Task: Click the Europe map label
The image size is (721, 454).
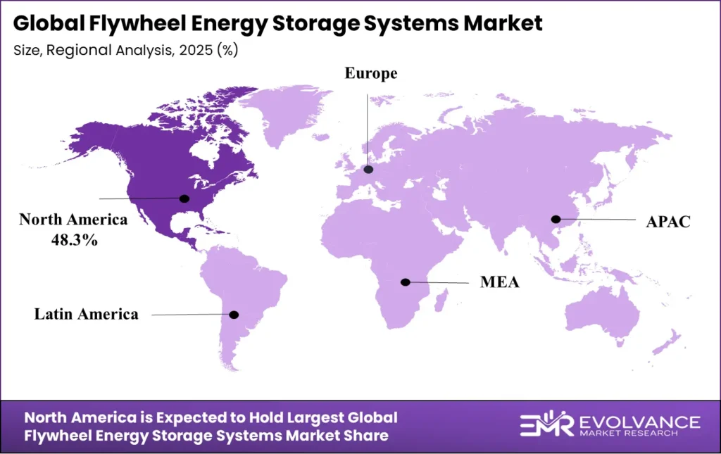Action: tap(370, 73)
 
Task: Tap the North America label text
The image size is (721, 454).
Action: tap(74, 220)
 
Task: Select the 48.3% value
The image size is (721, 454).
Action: tap(74, 239)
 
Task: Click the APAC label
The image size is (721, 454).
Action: tap(668, 222)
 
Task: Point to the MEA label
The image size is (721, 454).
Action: tap(500, 283)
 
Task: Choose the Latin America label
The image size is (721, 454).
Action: tap(87, 314)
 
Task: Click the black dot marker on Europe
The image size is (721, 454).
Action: tap(368, 170)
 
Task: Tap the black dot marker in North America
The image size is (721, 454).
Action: tap(185, 198)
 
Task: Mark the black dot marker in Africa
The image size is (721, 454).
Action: tap(405, 282)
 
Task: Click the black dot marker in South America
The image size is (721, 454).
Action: tap(234, 315)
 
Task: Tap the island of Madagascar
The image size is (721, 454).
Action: tap(441, 303)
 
